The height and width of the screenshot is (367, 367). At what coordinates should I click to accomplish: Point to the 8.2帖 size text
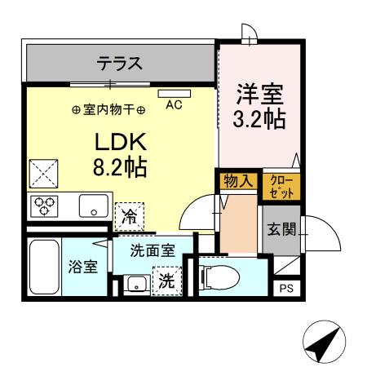[119, 168]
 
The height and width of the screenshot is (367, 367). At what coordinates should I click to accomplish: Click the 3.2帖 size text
[259, 118]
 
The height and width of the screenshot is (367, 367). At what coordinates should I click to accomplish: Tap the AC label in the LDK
[173, 105]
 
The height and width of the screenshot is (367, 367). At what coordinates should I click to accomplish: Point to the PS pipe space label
[285, 287]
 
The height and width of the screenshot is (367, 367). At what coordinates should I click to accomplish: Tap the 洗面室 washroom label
[153, 251]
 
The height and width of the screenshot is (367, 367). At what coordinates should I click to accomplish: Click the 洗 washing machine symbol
[166, 283]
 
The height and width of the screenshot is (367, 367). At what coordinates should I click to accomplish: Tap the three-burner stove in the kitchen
[45, 206]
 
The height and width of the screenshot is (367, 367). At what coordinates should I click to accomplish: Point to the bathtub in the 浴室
[42, 268]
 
